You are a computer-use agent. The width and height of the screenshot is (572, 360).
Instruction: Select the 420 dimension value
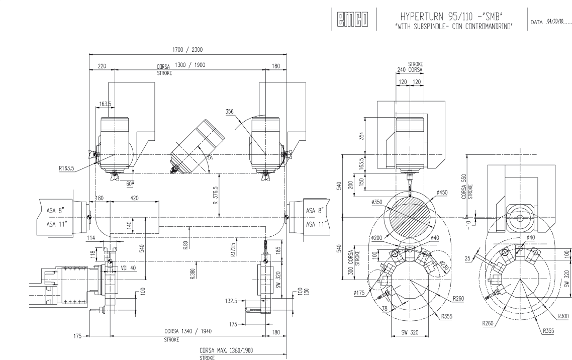pos(135,199)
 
